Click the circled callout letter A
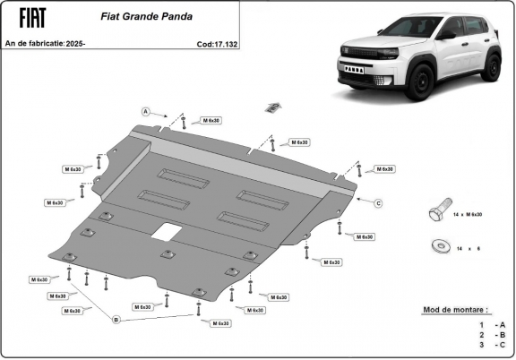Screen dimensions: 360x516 (145, 111)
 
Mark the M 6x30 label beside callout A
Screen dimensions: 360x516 (211, 119)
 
